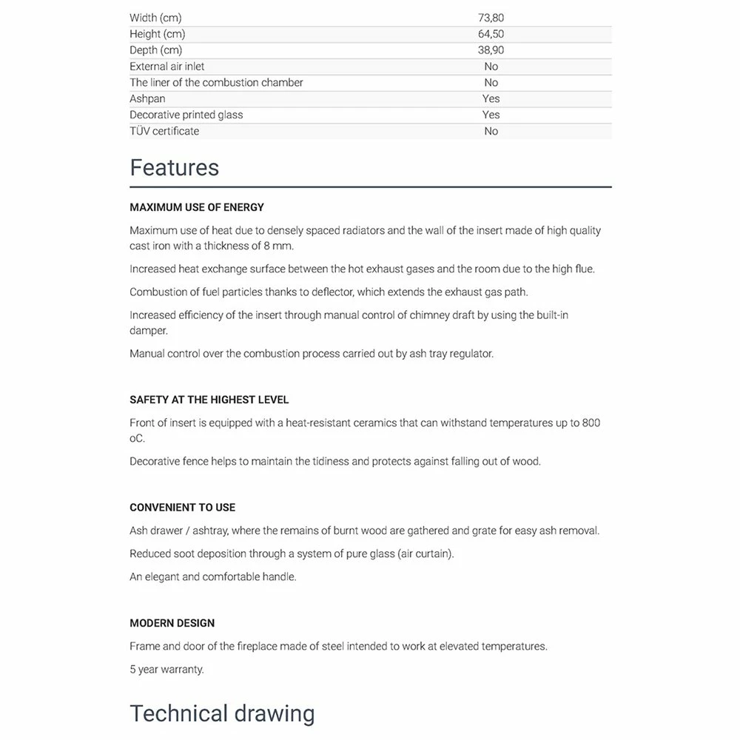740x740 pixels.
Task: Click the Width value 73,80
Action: pyautogui.click(x=491, y=18)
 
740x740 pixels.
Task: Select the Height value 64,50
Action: pyautogui.click(x=491, y=34)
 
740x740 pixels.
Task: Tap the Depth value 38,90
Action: pyautogui.click(x=491, y=50)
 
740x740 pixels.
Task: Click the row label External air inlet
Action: pyautogui.click(x=167, y=67)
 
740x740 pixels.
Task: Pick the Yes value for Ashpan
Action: pyautogui.click(x=491, y=98)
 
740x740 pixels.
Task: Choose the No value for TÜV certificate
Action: pyautogui.click(x=491, y=131)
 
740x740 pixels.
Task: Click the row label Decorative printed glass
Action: pyautogui.click(x=186, y=115)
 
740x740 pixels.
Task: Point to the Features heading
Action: pyautogui.click(x=174, y=167)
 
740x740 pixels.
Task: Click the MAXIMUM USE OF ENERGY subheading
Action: pyautogui.click(x=197, y=207)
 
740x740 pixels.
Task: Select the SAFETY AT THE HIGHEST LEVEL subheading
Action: pyautogui.click(x=209, y=400)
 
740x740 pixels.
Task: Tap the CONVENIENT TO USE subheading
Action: pyautogui.click(x=182, y=508)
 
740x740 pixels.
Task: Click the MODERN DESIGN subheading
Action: pyautogui.click(x=172, y=623)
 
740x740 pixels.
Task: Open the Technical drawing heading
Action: pyautogui.click(x=222, y=713)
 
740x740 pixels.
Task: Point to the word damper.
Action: pyautogui.click(x=148, y=331)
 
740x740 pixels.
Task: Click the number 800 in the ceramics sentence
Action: pyautogui.click(x=591, y=423)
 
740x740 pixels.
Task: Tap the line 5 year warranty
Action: pyautogui.click(x=166, y=670)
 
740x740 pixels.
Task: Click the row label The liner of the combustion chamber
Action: pyautogui.click(x=216, y=83)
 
